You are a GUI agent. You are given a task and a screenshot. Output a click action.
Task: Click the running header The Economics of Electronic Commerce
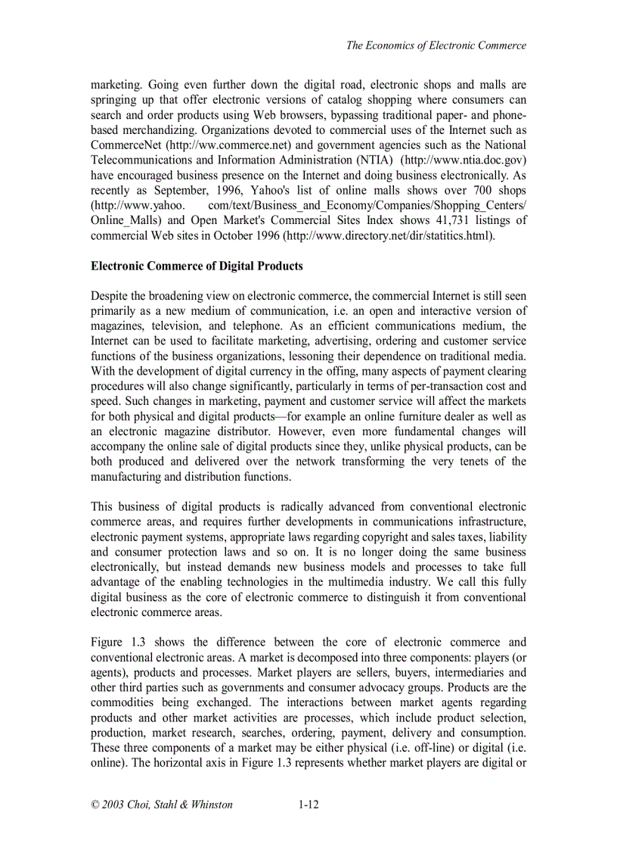(436, 45)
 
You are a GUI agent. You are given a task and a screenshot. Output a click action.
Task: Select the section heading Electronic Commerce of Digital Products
(197, 266)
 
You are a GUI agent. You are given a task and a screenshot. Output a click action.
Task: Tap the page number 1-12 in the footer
(308, 805)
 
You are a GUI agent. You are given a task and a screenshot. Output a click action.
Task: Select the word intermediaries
(458, 672)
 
